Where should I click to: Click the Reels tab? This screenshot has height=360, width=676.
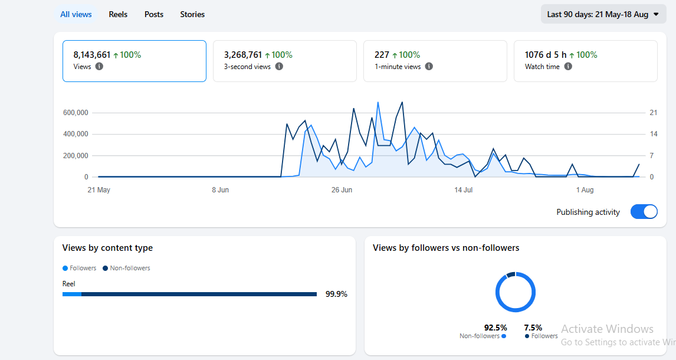pos(118,14)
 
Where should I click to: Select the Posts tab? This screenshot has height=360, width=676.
pos(154,14)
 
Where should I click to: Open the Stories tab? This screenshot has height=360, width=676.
pos(192,14)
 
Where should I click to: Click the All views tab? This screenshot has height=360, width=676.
pos(76,14)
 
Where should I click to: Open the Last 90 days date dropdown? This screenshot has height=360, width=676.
pos(603,14)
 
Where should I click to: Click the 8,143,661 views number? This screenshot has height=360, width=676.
pos(92,55)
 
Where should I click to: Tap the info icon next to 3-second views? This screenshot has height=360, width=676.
pos(280,67)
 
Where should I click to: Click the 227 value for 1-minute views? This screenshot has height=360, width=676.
pos(382,55)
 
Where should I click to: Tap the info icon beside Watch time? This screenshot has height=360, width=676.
pos(568,67)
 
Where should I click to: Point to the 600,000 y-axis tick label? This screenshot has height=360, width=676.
pos(76,113)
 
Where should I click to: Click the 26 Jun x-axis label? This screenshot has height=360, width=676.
pos(342,189)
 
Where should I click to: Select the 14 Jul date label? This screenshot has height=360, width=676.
pos(464,189)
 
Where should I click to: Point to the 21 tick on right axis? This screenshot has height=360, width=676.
pos(654,113)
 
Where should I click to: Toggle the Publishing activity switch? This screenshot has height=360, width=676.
pos(644,212)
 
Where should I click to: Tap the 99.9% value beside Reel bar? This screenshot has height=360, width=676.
pos(336,294)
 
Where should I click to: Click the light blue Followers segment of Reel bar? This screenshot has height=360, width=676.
pos(72,294)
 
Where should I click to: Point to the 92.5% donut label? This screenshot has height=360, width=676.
pos(495,328)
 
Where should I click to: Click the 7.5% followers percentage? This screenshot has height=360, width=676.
pos(533,328)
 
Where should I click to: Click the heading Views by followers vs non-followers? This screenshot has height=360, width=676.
pos(446,248)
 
